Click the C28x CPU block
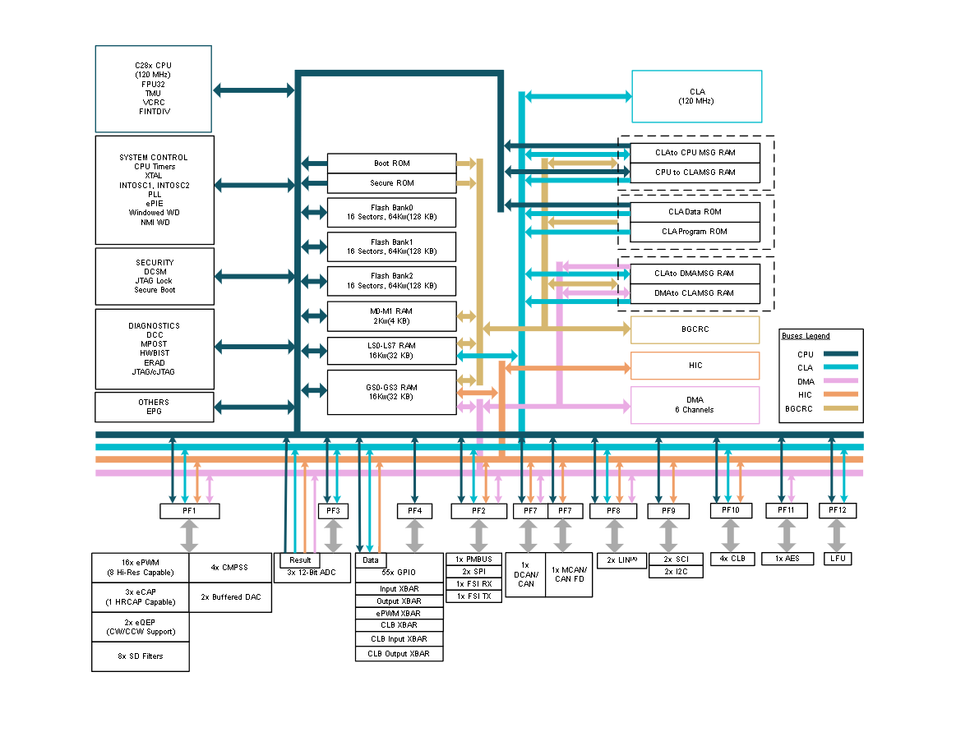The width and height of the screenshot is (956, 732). (154, 89)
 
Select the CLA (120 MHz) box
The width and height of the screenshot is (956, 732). (697, 96)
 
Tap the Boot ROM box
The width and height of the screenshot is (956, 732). (392, 163)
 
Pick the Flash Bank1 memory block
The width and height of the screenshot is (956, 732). (392, 246)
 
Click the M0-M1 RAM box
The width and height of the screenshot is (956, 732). (392, 316)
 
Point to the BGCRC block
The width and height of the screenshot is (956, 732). (695, 329)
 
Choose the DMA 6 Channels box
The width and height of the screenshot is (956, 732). (695, 405)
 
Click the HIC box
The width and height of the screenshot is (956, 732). (695, 366)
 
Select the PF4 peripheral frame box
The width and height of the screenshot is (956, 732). (414, 511)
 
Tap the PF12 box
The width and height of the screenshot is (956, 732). (838, 510)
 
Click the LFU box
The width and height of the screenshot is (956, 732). (838, 559)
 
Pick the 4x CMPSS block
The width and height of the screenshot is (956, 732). (230, 568)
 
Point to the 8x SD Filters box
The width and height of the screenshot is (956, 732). (141, 656)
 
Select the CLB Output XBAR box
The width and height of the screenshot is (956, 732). (399, 654)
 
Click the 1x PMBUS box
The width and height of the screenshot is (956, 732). (473, 559)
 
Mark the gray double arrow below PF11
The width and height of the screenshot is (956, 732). (787, 536)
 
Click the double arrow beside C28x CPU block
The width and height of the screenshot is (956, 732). (254, 91)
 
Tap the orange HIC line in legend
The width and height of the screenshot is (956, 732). (841, 394)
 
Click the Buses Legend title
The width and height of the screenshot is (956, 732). (806, 336)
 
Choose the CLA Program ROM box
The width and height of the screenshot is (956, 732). (695, 232)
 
